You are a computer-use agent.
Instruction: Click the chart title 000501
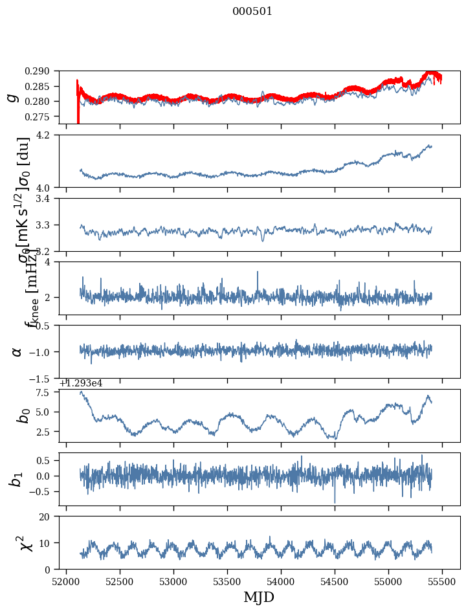tap(252, 12)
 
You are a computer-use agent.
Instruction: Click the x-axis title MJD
tap(259, 597)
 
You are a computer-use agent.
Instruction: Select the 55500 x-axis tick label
tap(442, 582)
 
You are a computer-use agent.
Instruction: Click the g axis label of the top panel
tap(12, 97)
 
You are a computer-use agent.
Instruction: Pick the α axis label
tap(17, 351)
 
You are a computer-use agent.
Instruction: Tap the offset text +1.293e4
tap(80, 383)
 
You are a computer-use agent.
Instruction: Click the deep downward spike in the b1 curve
tap(335, 502)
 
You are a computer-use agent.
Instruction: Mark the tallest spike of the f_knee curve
tap(258, 272)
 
